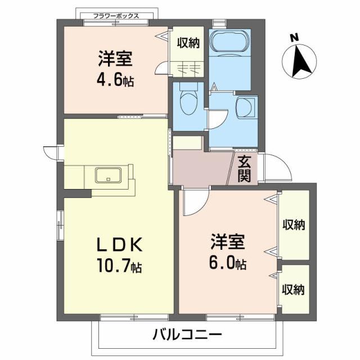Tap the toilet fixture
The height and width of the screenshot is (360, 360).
(187, 101)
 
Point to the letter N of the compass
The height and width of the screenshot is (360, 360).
(294, 38)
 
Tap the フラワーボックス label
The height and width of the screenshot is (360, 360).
(116, 16)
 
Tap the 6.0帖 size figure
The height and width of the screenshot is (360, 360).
(228, 262)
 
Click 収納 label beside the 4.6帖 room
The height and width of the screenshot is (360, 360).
(188, 43)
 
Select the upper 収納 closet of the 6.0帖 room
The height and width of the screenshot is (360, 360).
(293, 224)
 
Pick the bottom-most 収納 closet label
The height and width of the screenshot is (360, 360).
(293, 290)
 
